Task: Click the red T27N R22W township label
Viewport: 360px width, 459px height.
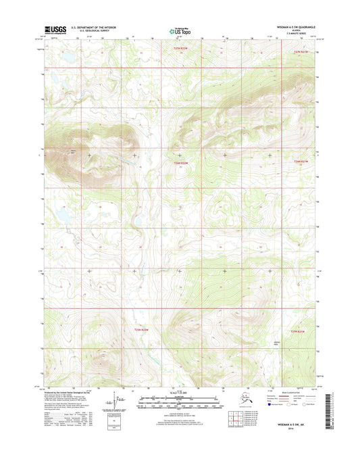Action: click(178, 49)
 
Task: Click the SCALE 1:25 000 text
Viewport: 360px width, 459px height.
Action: click(180, 393)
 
